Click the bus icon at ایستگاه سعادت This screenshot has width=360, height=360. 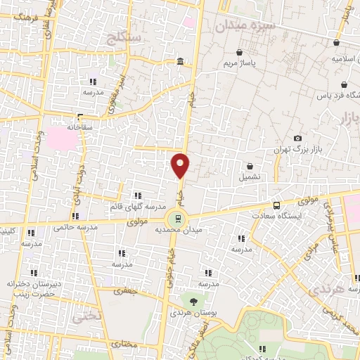[x=276, y=206]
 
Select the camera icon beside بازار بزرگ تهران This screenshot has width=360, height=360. [x=298, y=139]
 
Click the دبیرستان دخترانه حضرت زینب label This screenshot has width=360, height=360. [x=30, y=289]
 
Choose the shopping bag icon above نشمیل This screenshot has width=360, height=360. [x=251, y=166]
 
